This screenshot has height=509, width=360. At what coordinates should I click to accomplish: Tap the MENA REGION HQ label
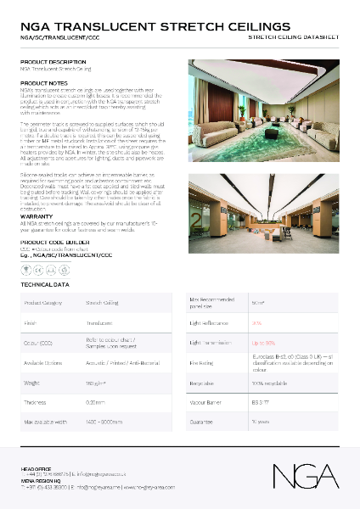point(39,480)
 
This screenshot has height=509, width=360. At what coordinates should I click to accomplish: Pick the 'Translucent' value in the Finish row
point(99,323)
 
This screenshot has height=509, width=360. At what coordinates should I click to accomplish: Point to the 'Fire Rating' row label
point(201,364)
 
